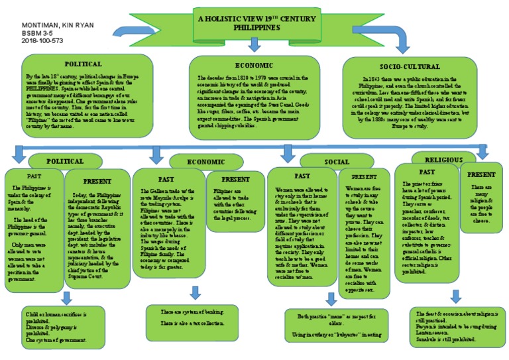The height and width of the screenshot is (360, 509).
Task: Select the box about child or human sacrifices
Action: click(x=66, y=326)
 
